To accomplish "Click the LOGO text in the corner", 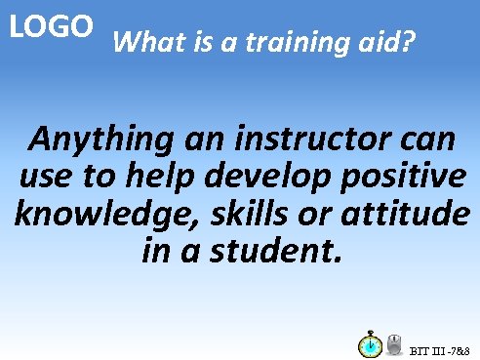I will [x=52, y=26].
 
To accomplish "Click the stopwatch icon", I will [x=370, y=344].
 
